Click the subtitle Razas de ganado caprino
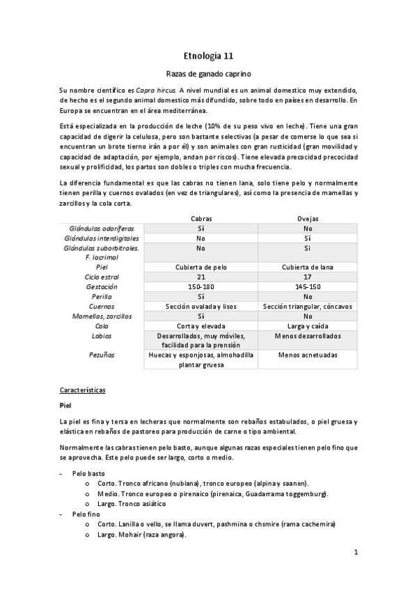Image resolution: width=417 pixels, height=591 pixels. click(x=208, y=72)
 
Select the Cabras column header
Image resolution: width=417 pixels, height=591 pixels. click(x=200, y=219)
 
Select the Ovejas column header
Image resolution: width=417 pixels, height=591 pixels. click(x=308, y=219)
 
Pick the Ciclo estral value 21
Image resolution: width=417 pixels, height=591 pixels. click(x=200, y=277)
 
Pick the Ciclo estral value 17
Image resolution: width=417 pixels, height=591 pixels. click(x=308, y=277)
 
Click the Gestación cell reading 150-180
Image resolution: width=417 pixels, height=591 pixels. click(x=200, y=286)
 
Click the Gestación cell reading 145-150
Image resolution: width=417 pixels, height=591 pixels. click(x=308, y=286)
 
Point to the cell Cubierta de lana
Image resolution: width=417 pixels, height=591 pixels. click(x=308, y=267)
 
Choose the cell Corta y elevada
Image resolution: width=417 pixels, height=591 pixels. click(x=200, y=325)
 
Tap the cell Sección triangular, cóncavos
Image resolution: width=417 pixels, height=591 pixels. click(x=308, y=306)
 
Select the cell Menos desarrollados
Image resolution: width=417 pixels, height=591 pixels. click(x=308, y=335)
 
